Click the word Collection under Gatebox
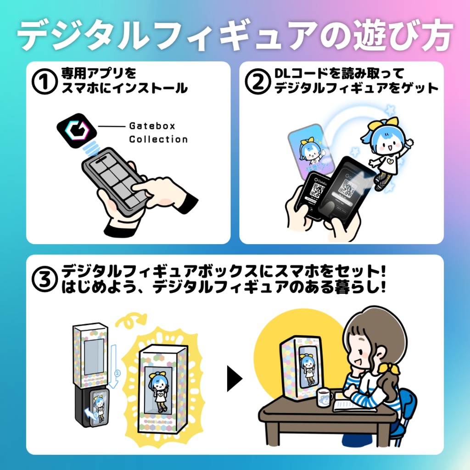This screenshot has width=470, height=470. click(x=158, y=139)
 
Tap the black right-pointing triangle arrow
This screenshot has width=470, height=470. click(x=235, y=379)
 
